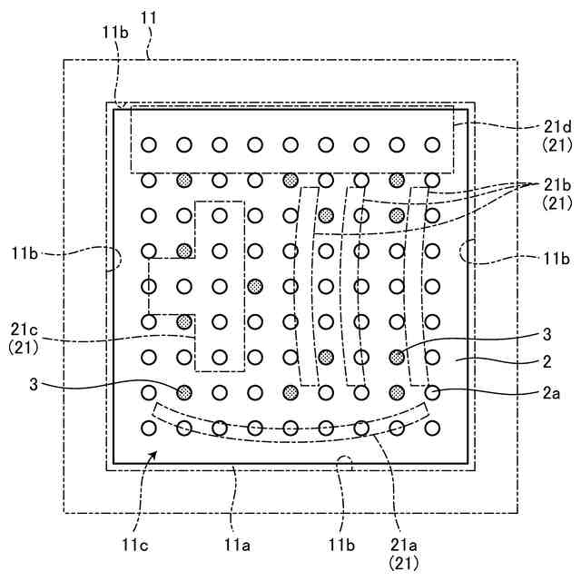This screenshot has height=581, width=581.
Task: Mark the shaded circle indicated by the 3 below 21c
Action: click(184, 392)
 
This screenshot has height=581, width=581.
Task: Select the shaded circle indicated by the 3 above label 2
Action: click(397, 357)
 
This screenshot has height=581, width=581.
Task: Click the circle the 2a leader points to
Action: click(432, 392)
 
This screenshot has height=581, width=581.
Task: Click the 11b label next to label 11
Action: click(114, 32)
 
